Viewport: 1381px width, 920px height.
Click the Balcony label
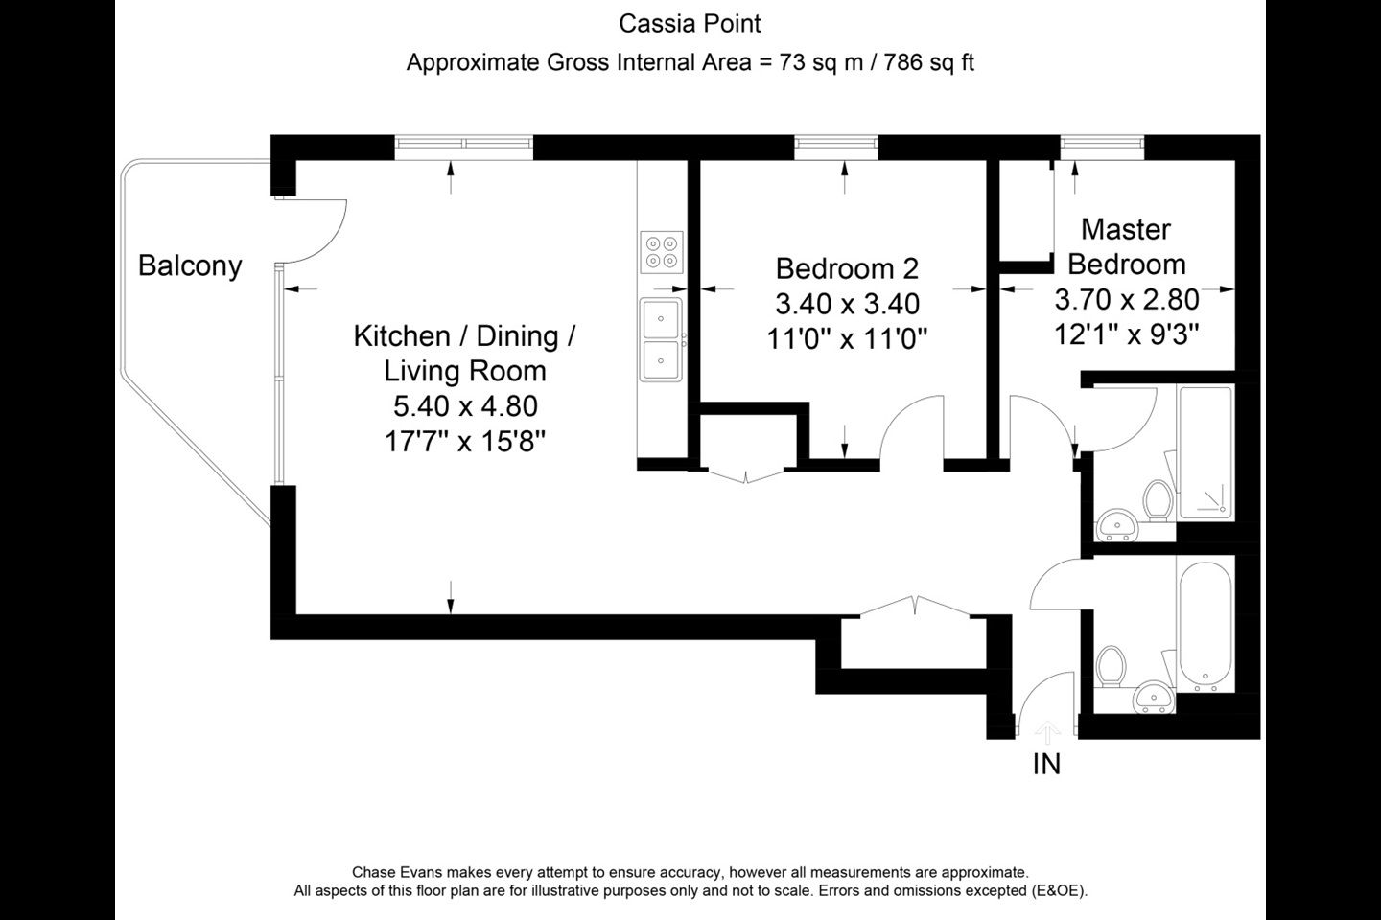[x=190, y=266]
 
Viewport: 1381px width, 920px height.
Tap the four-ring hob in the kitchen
[x=662, y=252]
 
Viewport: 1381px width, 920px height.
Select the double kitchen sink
[x=661, y=339]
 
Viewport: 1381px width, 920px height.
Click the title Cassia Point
[x=690, y=24]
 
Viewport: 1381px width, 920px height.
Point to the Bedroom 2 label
[x=847, y=268]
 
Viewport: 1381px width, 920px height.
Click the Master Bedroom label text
[x=1126, y=246]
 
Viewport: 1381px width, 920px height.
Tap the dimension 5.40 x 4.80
[x=465, y=406]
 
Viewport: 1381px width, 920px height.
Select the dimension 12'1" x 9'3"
[x=1126, y=334]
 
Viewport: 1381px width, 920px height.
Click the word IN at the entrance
[x=1046, y=764]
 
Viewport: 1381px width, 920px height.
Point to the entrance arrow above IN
[x=1047, y=733]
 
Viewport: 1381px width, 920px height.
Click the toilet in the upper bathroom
[x=1158, y=501]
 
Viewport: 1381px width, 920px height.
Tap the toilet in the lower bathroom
[x=1112, y=667]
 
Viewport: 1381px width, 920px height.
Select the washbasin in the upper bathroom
[x=1116, y=525]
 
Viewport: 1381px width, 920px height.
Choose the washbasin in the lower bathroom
[x=1154, y=697]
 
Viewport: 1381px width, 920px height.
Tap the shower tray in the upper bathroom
[x=1205, y=453]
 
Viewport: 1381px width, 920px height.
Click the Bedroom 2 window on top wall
[x=836, y=148]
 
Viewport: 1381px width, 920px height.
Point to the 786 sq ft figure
[x=928, y=62]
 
